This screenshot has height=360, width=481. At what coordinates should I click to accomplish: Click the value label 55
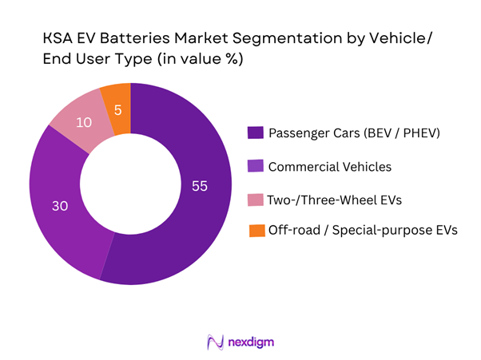click(x=199, y=186)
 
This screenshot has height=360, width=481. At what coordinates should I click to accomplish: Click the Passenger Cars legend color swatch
click(x=255, y=132)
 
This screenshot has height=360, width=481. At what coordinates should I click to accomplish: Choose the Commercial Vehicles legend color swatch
click(x=255, y=165)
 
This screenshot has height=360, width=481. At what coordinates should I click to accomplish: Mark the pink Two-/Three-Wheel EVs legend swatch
click(x=255, y=198)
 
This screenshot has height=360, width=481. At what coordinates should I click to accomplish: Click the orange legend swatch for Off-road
click(x=255, y=231)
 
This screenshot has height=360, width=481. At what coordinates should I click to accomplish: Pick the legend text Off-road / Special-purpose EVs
click(x=363, y=231)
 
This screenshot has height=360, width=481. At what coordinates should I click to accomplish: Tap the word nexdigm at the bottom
click(x=252, y=342)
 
